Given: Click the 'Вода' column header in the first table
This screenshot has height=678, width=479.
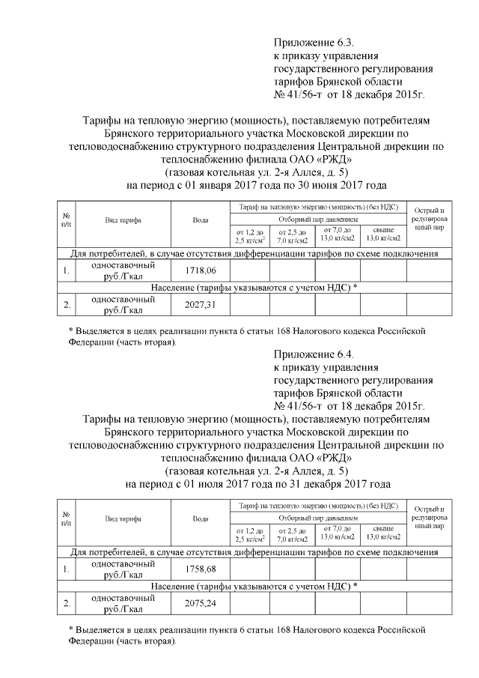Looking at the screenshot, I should (x=200, y=220).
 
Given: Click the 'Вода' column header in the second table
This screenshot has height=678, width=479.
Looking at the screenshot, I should (x=200, y=518).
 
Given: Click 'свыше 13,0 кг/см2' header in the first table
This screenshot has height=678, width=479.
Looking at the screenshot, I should (x=382, y=234).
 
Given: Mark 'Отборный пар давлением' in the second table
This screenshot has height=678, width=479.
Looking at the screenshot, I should (x=314, y=518).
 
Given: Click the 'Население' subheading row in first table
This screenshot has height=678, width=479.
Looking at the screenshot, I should (x=254, y=288).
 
